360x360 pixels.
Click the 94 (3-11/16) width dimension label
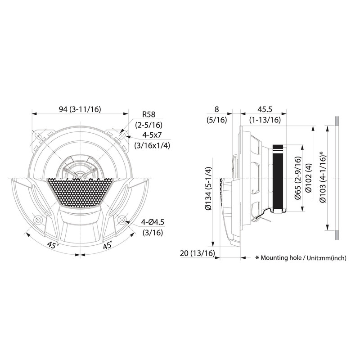(80, 109)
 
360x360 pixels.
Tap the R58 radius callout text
(148, 114)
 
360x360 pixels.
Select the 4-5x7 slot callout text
(152, 135)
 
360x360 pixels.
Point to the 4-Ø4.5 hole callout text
(153, 222)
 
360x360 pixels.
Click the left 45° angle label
(53, 245)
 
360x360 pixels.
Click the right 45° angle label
(108, 245)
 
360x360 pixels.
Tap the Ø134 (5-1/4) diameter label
(208, 189)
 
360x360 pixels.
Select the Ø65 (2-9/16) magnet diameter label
(298, 178)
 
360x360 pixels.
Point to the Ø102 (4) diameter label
(309, 178)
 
